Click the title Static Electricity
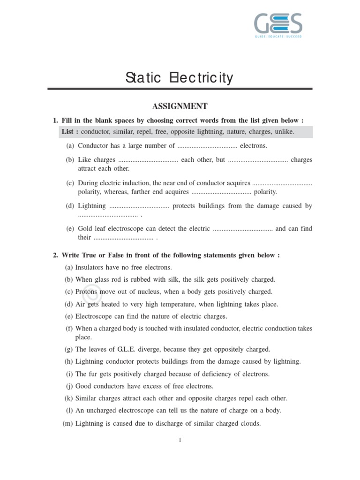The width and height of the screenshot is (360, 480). click(x=179, y=77)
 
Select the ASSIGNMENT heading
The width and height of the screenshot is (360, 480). click(x=180, y=106)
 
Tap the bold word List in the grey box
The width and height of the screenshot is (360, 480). click(x=70, y=132)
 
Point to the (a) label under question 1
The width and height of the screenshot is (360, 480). click(x=70, y=146)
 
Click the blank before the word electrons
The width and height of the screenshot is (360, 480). click(x=207, y=146)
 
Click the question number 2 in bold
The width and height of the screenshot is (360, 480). click(x=55, y=255)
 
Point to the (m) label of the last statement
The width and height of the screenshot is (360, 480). click(x=67, y=423)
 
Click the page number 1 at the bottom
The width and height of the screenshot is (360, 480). click(x=180, y=440)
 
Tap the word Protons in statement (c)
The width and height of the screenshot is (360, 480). click(x=86, y=292)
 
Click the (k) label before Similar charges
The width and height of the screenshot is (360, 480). click(x=68, y=398)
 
